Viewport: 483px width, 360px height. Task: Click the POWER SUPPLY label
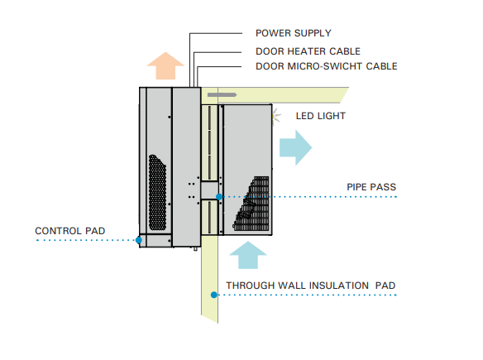pos(294,33)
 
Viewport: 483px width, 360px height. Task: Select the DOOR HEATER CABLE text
pos(308,51)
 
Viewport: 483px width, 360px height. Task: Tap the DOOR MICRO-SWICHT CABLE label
pos(327,66)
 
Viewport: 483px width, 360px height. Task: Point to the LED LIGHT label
pos(321,116)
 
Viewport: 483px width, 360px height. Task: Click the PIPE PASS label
pos(371,187)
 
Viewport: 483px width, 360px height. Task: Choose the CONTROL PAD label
pos(70,231)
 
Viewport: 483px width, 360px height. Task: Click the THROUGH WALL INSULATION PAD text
pos(311,286)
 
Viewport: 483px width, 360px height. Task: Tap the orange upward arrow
pos(165,66)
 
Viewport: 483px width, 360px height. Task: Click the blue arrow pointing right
pos(296,147)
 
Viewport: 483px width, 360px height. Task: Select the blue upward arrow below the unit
pos(248,255)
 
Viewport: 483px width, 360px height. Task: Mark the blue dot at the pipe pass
pos(219,197)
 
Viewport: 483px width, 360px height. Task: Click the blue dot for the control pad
pos(139,240)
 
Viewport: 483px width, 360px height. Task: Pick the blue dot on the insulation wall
pos(213,295)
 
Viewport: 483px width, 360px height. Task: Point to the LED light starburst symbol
pos(275,116)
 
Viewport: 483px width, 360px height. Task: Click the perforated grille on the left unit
pos(157,193)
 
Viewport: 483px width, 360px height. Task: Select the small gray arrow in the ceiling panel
pos(222,95)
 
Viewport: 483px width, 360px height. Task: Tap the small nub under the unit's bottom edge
pos(195,248)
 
